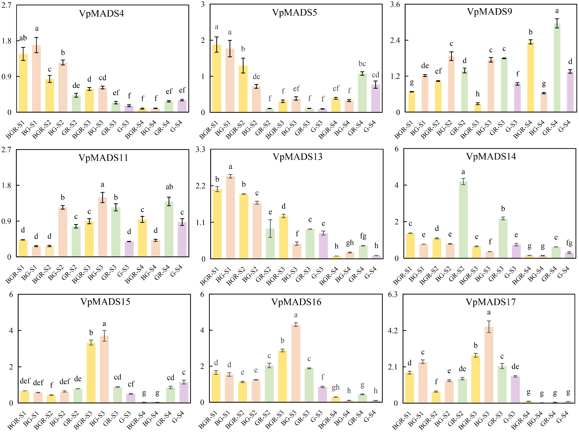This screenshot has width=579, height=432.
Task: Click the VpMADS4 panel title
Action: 101,13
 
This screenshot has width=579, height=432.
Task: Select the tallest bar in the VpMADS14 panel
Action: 463,220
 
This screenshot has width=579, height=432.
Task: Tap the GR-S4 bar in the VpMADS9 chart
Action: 557,68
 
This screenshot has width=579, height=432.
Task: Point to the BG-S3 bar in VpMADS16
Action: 296,363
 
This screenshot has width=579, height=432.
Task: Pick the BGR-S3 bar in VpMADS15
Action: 91,373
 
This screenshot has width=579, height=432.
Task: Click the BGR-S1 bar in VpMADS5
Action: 216,78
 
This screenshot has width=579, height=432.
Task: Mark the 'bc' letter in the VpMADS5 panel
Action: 362,64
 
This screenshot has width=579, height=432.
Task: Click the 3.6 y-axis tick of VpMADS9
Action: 395,5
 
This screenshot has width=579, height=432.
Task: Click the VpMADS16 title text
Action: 296,302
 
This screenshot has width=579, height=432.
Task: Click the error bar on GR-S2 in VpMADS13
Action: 270,229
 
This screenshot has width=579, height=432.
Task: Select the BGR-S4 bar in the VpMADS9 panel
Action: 530,77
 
